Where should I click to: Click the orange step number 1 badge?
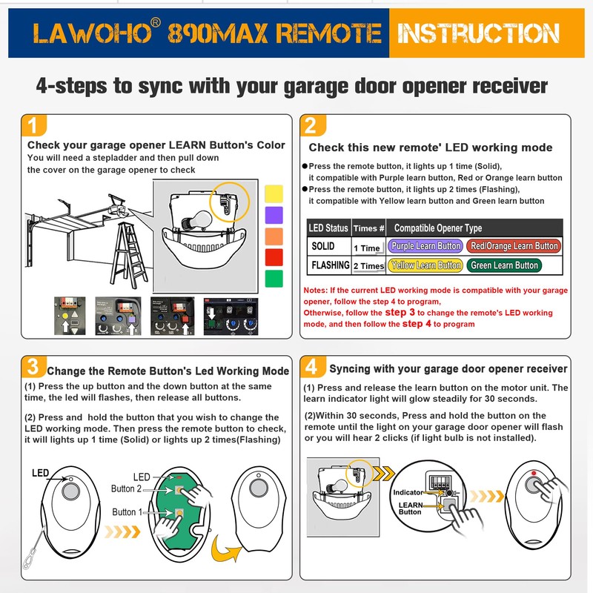32,124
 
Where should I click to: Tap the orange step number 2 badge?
312,124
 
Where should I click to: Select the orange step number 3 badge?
32,365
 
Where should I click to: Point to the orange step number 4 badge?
312,365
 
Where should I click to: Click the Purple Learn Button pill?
425,246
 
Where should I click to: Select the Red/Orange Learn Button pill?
514,246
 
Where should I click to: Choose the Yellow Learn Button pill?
425,265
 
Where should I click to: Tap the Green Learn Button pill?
504,265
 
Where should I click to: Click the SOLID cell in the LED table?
323,246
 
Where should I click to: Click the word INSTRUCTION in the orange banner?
478,33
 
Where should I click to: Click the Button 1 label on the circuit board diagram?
124,512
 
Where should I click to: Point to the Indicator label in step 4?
408,492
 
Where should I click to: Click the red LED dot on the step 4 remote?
533,472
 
